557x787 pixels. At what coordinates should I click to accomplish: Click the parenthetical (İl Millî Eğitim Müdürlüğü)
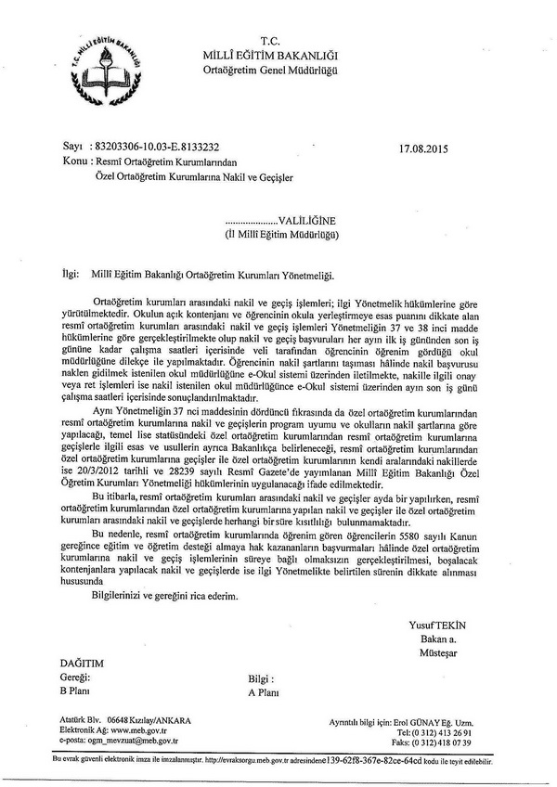[283, 237]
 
